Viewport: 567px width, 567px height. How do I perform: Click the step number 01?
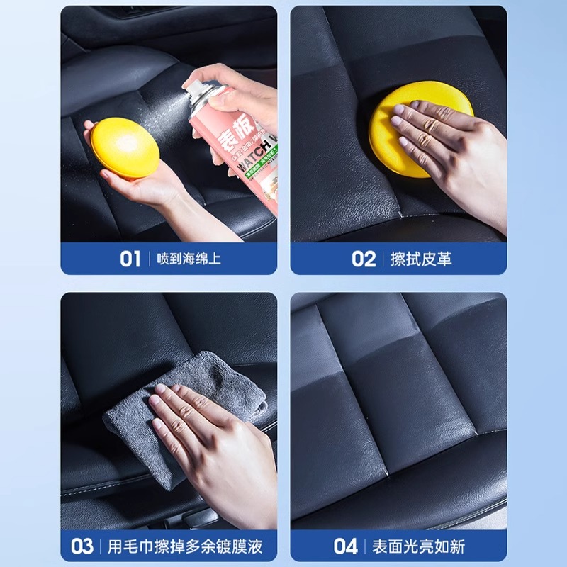(130, 259)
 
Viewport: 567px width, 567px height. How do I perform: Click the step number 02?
(364, 259)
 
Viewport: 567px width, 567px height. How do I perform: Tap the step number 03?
(82, 546)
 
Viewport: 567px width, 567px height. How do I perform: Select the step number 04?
(346, 546)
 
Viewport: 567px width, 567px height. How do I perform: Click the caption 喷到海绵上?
(189, 259)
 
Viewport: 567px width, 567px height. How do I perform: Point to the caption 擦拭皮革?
(421, 259)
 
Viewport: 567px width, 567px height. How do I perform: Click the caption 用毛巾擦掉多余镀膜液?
(185, 546)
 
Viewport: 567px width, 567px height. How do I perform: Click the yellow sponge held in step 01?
(125, 146)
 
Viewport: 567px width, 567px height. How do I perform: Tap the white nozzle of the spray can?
(190, 86)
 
